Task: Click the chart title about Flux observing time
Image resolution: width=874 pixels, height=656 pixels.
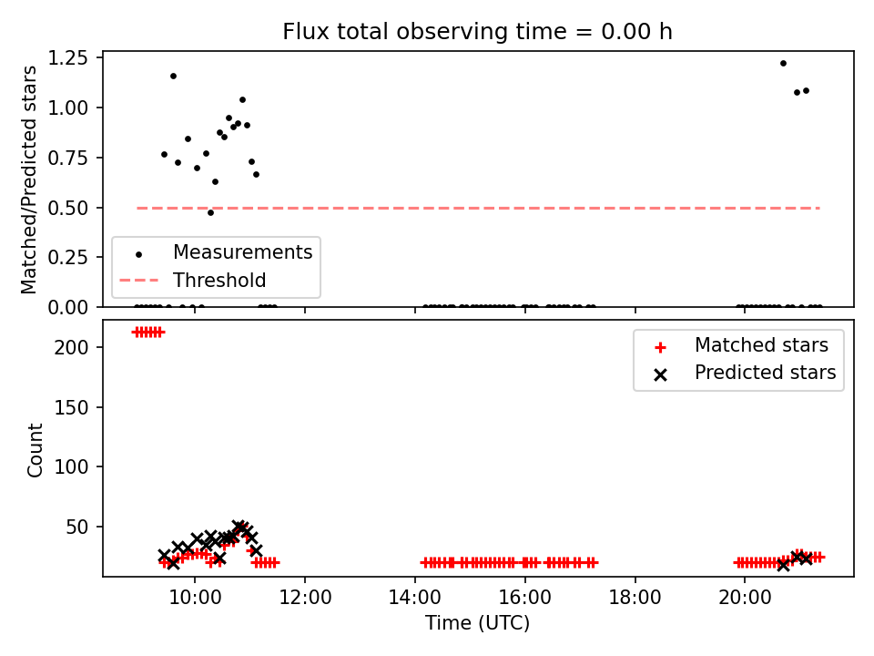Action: point(477,31)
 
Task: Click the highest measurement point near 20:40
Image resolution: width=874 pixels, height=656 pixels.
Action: point(783,64)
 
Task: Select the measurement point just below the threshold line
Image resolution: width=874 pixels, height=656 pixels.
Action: point(210,212)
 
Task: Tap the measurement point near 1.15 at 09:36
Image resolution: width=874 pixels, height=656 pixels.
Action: point(173,76)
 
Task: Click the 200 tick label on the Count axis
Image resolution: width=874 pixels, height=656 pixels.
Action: point(72,347)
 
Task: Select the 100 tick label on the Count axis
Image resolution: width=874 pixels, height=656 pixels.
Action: point(72,466)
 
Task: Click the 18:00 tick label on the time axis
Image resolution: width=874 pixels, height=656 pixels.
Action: point(635,598)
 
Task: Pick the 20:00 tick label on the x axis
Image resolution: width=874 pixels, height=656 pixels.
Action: point(745,598)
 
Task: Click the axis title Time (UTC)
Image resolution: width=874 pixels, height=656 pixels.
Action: point(478,622)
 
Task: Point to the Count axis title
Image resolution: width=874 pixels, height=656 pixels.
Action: point(35,449)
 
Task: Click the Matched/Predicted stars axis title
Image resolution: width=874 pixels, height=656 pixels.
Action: point(29,179)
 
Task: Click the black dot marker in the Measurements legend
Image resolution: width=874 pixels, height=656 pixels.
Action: point(138,255)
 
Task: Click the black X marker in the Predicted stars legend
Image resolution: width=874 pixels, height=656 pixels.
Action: point(661,374)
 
